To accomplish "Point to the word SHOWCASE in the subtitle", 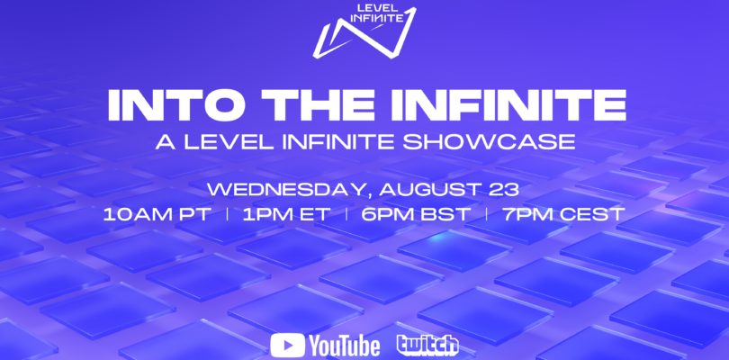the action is tap(489, 141).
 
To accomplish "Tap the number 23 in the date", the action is tap(503, 189).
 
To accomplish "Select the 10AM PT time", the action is tap(157, 214).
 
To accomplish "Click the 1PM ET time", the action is tap(286, 214).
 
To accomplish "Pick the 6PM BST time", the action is tap(416, 214).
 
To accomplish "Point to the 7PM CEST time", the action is tap(563, 214).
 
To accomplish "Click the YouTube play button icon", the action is tap(287, 346).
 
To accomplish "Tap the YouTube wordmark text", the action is tap(345, 346).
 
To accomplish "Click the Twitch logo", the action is tap(427, 345).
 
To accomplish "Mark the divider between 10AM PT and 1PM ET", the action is tap(228, 214).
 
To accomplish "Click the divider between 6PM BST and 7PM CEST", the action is tap(486, 214).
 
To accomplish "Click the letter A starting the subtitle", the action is tap(165, 141).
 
